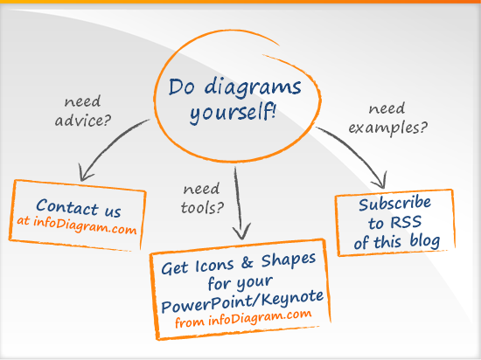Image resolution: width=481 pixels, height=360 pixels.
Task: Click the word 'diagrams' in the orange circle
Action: (253, 88)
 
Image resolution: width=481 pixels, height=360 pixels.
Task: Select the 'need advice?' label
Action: (83, 111)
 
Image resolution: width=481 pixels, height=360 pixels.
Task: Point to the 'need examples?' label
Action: (388, 119)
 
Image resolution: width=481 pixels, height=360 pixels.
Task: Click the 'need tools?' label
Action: (202, 198)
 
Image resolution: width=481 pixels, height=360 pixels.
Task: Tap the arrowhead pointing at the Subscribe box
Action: (380, 181)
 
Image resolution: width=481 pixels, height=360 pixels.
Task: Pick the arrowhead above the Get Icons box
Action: (241, 231)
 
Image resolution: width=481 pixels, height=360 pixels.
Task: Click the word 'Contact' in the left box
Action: (66, 206)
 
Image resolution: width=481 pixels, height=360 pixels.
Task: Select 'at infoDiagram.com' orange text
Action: (77, 225)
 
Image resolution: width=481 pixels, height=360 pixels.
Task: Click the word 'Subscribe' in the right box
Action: (394, 204)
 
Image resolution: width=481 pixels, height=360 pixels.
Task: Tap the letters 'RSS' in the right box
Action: (406, 222)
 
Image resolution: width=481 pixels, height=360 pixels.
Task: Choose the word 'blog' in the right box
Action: (425, 241)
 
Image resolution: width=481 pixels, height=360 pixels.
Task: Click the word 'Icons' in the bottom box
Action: (214, 266)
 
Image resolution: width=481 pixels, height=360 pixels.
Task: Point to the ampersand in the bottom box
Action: (247, 263)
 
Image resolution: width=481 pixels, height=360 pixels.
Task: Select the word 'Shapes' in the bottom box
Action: (289, 260)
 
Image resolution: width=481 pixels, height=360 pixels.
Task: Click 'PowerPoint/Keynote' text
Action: (242, 301)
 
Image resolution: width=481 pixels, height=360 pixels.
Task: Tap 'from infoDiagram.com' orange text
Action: (243, 319)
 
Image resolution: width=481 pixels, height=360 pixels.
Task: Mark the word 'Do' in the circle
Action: (182, 87)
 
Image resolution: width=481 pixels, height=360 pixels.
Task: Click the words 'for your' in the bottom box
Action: (240, 283)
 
